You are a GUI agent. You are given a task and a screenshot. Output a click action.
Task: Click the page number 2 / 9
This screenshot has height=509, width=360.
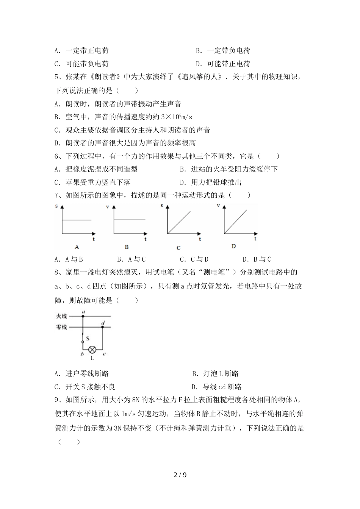click(x=180, y=475)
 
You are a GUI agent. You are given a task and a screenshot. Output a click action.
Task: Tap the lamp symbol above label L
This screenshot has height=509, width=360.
click(x=92, y=350)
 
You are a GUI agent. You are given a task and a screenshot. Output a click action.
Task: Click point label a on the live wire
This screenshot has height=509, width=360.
click(x=83, y=312)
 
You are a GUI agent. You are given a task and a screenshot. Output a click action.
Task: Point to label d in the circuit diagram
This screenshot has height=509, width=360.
click(x=103, y=322)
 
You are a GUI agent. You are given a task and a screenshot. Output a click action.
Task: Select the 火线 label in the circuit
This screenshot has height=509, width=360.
click(x=61, y=316)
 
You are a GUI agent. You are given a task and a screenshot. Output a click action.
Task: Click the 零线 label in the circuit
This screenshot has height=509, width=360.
click(x=61, y=327)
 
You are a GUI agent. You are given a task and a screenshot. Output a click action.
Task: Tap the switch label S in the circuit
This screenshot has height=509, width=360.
click(x=88, y=338)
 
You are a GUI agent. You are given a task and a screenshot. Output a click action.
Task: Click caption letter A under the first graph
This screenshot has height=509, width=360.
click(x=77, y=247)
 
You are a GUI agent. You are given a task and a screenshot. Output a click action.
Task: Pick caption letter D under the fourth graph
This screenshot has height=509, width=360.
click(x=233, y=246)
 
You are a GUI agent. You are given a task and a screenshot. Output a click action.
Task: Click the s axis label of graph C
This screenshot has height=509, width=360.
click(x=162, y=206)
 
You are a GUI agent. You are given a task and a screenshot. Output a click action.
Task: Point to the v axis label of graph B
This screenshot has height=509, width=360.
click(x=107, y=207)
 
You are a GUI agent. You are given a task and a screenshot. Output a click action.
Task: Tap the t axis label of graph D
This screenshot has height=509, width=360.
click(x=255, y=239)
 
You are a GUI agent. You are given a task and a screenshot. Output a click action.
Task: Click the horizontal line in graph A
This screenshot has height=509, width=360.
click(x=77, y=220)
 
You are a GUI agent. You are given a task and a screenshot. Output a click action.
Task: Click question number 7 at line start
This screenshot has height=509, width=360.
click(x=58, y=195)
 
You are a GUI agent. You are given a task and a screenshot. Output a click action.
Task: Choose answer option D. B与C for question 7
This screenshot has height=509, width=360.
click(x=257, y=259)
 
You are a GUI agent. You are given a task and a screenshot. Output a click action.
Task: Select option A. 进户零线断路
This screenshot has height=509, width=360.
click(x=82, y=374)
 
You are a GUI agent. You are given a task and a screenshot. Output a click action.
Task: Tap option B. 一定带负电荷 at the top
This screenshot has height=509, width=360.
click(x=223, y=51)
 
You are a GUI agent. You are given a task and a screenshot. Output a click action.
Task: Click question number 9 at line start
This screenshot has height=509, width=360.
click(x=58, y=399)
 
